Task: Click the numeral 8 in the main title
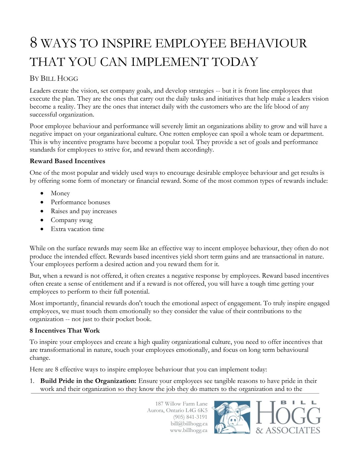click(x=33, y=43)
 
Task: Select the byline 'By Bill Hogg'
click(x=54, y=78)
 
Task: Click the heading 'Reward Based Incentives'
click(x=67, y=161)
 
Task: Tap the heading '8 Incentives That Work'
click(x=65, y=331)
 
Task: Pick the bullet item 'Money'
click(x=60, y=193)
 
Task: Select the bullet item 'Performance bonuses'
click(x=80, y=202)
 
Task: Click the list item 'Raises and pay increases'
click(x=84, y=211)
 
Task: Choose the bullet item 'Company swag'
click(x=71, y=220)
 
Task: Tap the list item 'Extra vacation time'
click(x=77, y=229)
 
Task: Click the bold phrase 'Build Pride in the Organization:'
click(x=88, y=381)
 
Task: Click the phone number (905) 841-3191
click(x=190, y=417)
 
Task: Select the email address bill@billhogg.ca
click(x=189, y=424)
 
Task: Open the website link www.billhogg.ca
click(x=189, y=430)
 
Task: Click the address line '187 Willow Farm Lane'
click(x=181, y=404)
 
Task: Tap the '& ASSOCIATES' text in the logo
click(x=288, y=430)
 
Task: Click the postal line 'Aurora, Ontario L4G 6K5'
click(x=177, y=410)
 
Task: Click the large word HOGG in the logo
click(x=288, y=414)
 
